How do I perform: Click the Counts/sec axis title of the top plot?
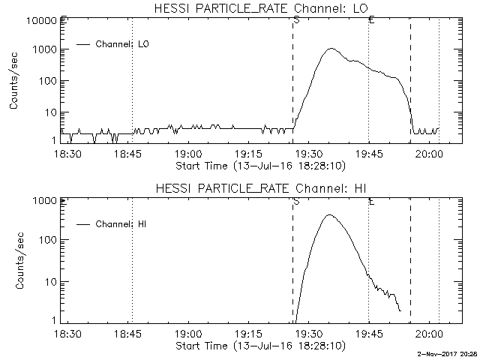(14, 82)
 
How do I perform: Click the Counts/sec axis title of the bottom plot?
(14, 262)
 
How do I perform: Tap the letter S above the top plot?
(296, 19)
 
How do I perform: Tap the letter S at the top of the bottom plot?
(296, 201)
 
